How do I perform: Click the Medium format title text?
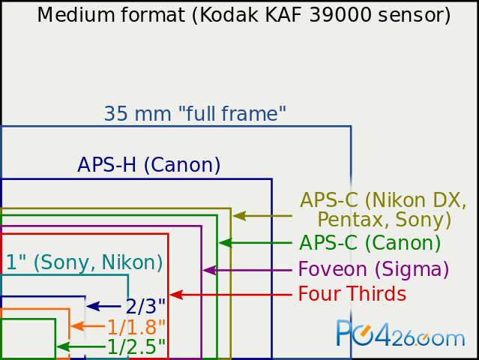point(244,15)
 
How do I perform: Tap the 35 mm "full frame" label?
point(195,114)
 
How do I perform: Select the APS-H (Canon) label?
point(148,165)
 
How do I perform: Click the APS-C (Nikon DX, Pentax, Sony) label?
point(383,210)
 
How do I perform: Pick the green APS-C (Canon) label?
point(370,243)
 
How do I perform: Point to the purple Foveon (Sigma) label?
point(373,269)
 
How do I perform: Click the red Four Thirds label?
point(352,294)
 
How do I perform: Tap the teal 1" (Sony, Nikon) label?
point(84,262)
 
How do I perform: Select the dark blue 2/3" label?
point(145,306)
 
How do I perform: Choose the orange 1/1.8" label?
point(136,327)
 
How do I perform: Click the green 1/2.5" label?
point(136,346)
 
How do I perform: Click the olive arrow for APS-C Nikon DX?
point(262,216)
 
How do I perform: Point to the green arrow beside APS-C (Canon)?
point(256,243)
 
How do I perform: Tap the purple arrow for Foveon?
point(247,270)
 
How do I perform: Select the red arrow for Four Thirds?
point(231,295)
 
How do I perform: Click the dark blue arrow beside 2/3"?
point(104,306)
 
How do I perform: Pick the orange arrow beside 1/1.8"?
point(88,326)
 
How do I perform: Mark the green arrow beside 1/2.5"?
point(81,346)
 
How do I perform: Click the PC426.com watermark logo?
point(400,333)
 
